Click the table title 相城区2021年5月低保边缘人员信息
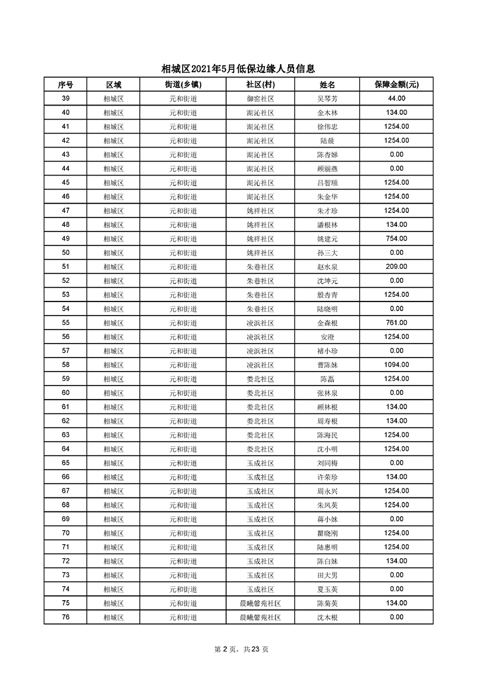242,69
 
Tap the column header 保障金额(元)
396,85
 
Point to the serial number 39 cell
65,99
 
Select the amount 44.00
396,99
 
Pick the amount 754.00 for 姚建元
396,239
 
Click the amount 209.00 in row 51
396,267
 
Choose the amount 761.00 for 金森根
396,323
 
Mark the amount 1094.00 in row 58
396,365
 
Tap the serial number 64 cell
65,449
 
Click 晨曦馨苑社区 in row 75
260,603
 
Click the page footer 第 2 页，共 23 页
242,649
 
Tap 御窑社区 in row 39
260,99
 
